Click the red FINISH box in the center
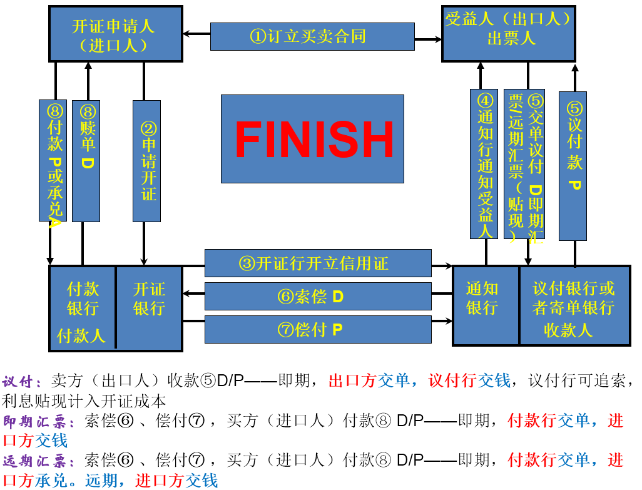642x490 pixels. pyautogui.click(x=312, y=138)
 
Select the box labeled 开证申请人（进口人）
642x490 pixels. pyautogui.click(x=116, y=34)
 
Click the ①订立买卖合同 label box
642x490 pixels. pyautogui.click(x=312, y=36)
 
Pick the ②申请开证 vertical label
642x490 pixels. pyautogui.click(x=147, y=161)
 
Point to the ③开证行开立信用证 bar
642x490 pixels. pyautogui.click(x=318, y=263)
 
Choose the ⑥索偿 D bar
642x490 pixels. pyautogui.click(x=318, y=296)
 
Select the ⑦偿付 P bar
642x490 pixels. pyautogui.click(x=318, y=329)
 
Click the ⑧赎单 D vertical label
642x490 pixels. pyautogui.click(x=86, y=161)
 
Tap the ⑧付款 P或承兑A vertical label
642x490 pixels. pyautogui.click(x=53, y=161)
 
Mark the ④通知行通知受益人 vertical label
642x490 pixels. pyautogui.click(x=484, y=164)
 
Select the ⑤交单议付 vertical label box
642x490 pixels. pyautogui.click(x=524, y=164)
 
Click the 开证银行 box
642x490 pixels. pyautogui.click(x=149, y=307)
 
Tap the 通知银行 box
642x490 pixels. pyautogui.click(x=486, y=305)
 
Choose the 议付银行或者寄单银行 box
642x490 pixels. pyautogui.click(x=574, y=305)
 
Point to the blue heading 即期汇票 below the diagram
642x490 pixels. pyautogui.click(x=38, y=421)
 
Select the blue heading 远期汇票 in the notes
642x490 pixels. pyautogui.click(x=38, y=461)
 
